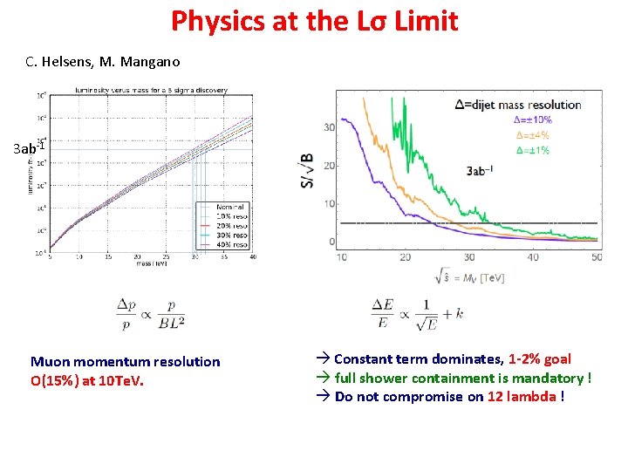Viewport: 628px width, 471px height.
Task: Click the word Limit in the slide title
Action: (425, 20)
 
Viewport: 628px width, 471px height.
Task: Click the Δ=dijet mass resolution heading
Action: (517, 105)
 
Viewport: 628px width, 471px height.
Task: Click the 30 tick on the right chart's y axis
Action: (330, 127)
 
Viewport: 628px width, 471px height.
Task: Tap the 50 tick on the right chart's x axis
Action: (597, 257)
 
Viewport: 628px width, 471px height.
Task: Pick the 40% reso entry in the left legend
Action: (234, 243)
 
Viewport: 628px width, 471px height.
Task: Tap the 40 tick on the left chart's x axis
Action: (252, 257)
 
